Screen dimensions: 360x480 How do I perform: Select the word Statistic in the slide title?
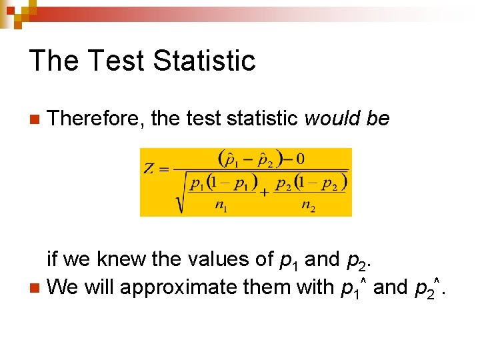click(x=204, y=61)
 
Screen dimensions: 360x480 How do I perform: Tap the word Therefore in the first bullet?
click(x=97, y=119)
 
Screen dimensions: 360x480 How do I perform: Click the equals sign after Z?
click(x=163, y=168)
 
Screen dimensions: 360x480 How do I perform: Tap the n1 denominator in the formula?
click(x=220, y=206)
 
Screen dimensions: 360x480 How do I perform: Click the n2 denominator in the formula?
click(x=308, y=206)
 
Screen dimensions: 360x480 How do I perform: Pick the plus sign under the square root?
click(x=265, y=192)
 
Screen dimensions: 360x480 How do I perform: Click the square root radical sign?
click(x=179, y=193)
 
